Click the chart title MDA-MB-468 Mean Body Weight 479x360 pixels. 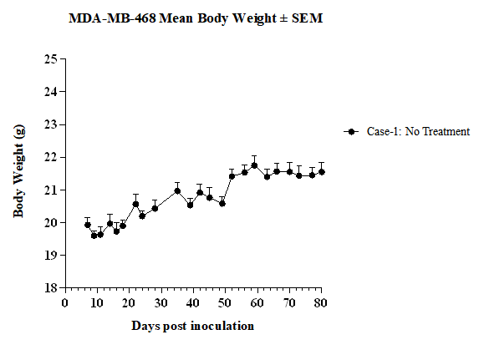click(x=196, y=18)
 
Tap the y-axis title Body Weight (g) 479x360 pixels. click(x=18, y=171)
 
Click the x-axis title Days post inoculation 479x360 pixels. click(x=193, y=326)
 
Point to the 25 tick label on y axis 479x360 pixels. click(x=51, y=58)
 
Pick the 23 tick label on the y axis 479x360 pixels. click(x=51, y=124)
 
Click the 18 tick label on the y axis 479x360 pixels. click(x=51, y=287)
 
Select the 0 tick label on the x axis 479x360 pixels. click(x=64, y=303)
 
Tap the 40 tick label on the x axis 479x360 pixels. click(x=193, y=303)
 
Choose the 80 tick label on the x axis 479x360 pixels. click(x=321, y=303)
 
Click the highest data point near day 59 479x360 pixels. click(x=254, y=166)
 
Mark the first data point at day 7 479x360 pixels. click(x=88, y=225)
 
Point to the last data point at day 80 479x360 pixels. click(x=321, y=172)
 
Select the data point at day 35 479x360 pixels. click(x=177, y=191)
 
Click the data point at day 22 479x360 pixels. click(x=135, y=204)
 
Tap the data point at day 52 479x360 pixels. click(x=232, y=176)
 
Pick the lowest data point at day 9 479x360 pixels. click(x=94, y=236)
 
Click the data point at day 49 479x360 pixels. click(x=222, y=203)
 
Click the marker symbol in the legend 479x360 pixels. click(x=351, y=132)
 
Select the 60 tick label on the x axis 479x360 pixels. click(x=257, y=303)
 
